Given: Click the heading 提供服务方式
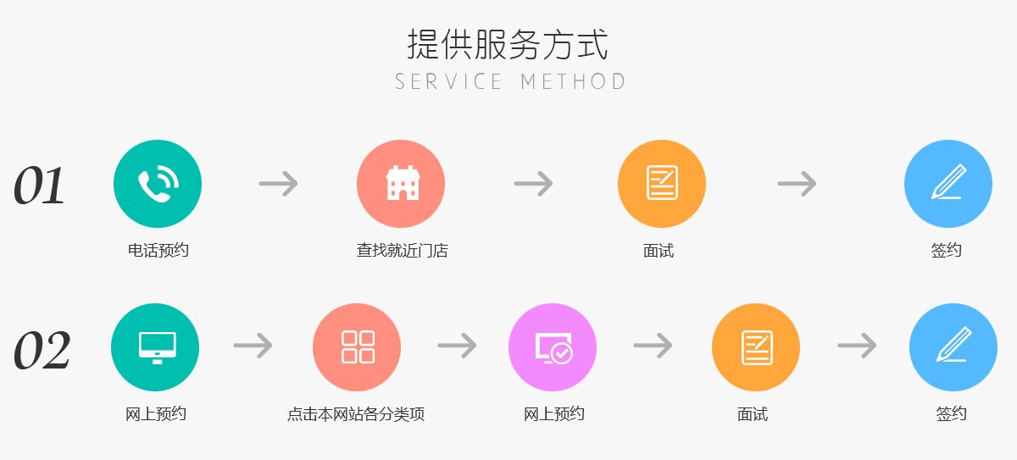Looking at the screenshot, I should tap(508, 44).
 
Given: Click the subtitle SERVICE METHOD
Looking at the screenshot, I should tap(509, 82).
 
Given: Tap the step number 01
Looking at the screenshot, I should tap(39, 186).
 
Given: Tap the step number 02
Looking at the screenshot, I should tap(42, 351).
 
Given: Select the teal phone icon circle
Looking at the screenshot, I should tap(158, 184).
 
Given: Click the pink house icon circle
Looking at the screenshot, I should tap(401, 184).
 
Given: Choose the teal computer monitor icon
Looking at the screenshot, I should tap(155, 347).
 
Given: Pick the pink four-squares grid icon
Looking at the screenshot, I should tap(357, 347).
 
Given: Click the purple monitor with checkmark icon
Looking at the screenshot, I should tap(553, 347).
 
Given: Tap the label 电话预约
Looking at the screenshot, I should tap(158, 251).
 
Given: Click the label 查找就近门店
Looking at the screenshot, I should tap(402, 251).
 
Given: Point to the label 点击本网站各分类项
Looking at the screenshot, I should tap(356, 415).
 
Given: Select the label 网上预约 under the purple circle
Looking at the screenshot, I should tap(554, 414).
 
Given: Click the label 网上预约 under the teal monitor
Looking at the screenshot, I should tap(156, 414).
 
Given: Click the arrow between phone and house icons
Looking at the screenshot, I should tap(278, 184).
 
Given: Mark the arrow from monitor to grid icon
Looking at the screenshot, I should tap(253, 346).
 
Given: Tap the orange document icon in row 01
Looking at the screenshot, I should tap(662, 184).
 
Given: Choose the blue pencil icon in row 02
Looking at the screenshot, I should tap(953, 347).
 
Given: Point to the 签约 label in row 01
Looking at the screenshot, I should tap(947, 251).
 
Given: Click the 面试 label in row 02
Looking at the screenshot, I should tap(753, 414).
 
